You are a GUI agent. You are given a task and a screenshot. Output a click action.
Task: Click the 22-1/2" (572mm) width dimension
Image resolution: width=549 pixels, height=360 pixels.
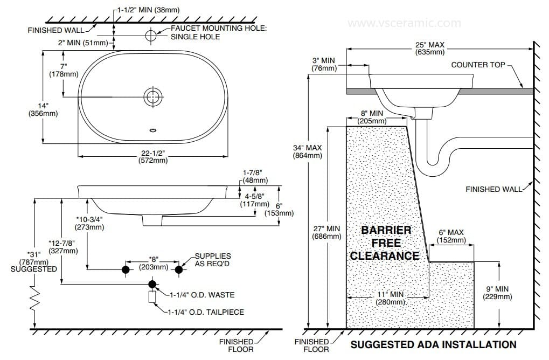pos(152,156)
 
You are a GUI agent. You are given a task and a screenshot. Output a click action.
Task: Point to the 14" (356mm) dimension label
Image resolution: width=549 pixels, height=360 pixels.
pos(43,109)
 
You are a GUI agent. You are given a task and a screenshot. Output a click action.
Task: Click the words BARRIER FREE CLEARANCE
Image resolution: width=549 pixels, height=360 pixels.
pos(385,243)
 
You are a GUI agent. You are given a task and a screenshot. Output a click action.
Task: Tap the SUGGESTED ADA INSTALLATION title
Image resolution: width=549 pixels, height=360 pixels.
pos(433,344)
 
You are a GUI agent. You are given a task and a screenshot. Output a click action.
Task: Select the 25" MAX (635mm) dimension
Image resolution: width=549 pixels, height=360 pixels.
pos(430,49)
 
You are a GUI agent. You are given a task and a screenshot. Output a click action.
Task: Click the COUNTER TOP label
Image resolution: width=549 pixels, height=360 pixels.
pos(478,65)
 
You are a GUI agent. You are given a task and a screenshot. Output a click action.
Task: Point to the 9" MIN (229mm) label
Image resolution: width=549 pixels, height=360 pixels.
pos(497,292)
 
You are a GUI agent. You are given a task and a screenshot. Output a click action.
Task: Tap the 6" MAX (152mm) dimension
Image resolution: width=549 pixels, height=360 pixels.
pos(451,236)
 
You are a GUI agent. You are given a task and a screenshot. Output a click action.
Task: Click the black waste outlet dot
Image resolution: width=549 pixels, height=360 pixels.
pos(152,284)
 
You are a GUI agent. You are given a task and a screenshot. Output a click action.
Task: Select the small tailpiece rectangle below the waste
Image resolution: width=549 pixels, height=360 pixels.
pos(152,296)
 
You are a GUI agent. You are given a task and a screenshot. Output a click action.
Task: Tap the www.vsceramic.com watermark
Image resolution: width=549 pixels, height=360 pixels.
pos(404,23)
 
